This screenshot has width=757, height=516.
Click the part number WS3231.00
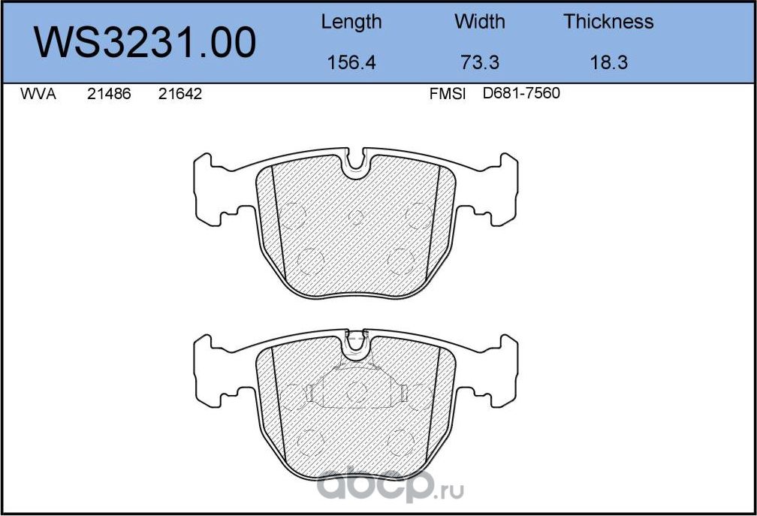[146, 43]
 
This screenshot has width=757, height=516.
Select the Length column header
[351, 22]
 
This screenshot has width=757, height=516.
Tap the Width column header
[480, 22]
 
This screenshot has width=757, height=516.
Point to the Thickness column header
[608, 22]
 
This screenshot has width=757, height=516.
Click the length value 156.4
[351, 63]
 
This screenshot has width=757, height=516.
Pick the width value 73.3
[480, 63]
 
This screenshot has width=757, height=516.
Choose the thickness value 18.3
[608, 63]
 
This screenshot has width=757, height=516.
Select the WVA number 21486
[110, 95]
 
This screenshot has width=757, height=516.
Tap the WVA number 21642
[180, 95]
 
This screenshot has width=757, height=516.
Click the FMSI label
[448, 95]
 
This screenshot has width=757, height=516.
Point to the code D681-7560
[521, 95]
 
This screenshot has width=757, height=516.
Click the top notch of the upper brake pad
[356, 161]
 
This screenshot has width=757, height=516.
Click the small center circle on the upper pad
[356, 218]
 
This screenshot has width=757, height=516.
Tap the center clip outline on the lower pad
[356, 387]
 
